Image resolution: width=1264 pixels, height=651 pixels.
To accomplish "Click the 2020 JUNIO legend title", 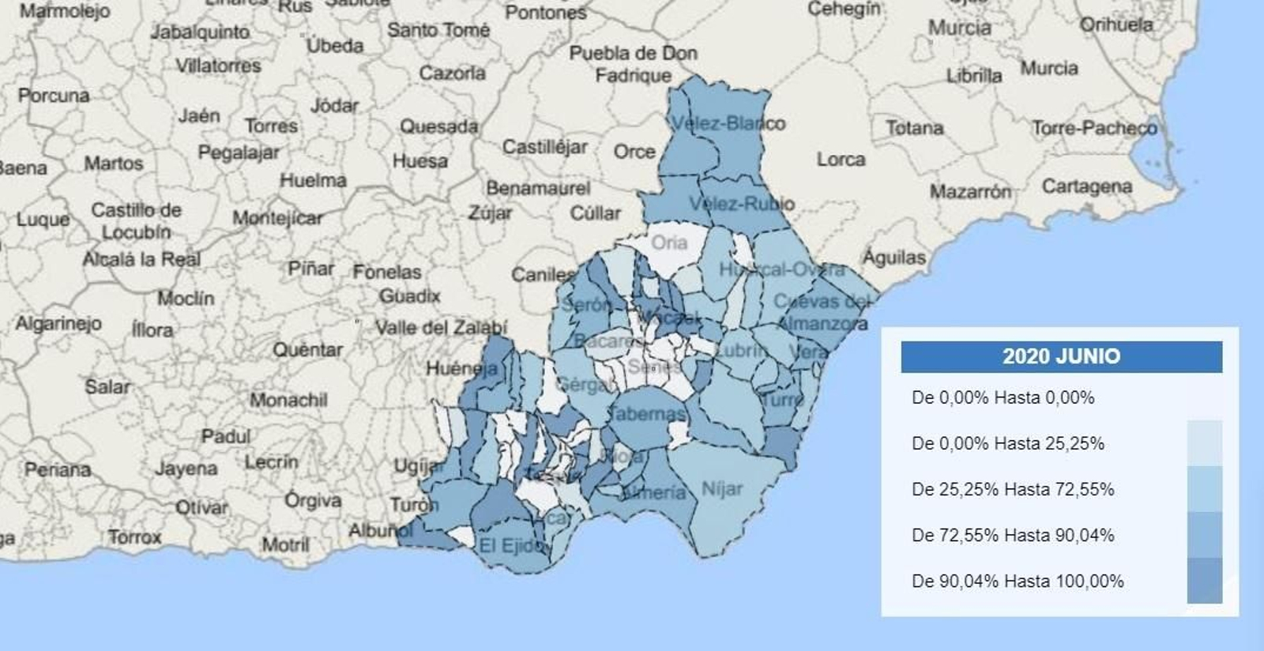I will pyautogui.click(x=1061, y=356).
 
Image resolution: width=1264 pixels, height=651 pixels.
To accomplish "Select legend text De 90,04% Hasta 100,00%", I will pyautogui.click(x=1018, y=581).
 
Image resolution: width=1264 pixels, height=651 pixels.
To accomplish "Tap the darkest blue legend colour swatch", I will pyautogui.click(x=1205, y=581).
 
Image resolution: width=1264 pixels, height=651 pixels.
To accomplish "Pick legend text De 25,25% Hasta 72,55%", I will pyautogui.click(x=1013, y=490).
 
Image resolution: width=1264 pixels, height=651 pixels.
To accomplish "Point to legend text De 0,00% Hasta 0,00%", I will pyautogui.click(x=1003, y=398).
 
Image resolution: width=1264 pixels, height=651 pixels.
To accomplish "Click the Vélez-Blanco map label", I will pyautogui.click(x=728, y=123).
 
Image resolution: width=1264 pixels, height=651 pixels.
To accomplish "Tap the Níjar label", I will pyautogui.click(x=722, y=489).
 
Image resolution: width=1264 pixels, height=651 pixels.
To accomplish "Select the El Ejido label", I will pyautogui.click(x=512, y=545).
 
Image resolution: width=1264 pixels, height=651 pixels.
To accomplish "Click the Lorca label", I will pyautogui.click(x=841, y=160).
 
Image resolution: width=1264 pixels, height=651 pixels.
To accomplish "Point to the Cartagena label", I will pyautogui.click(x=1086, y=186).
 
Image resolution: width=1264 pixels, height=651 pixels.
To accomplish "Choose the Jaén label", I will pyautogui.click(x=199, y=116).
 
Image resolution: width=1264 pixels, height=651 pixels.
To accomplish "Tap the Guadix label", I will pyautogui.click(x=409, y=296).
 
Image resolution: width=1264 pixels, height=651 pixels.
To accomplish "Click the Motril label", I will pyautogui.click(x=285, y=544).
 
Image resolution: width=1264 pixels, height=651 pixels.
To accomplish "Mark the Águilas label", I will pyautogui.click(x=893, y=258).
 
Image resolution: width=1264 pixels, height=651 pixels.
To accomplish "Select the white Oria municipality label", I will pyautogui.click(x=668, y=243).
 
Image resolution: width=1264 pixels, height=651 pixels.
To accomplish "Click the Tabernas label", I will pyautogui.click(x=647, y=413).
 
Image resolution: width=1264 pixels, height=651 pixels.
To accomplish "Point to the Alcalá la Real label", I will pyautogui.click(x=141, y=259).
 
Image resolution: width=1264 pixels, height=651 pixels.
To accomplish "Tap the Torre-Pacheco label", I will pyautogui.click(x=1094, y=128).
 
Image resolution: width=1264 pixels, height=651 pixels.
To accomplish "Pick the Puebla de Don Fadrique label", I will pyautogui.click(x=634, y=64).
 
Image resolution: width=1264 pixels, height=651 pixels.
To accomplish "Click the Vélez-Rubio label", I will pyautogui.click(x=741, y=204).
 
